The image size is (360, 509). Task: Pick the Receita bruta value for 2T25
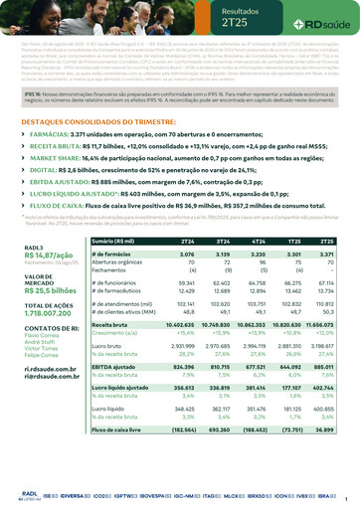point(325,324)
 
